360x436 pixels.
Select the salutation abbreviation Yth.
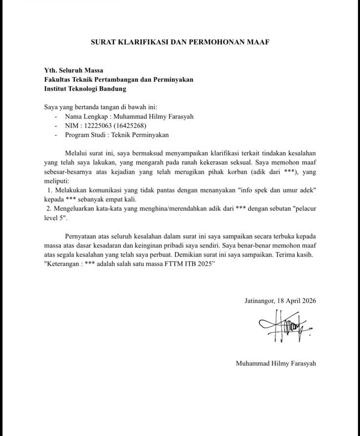(x=51, y=70)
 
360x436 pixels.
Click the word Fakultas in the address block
(x=58, y=80)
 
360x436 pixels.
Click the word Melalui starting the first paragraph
(x=78, y=154)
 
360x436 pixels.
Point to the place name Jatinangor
(x=259, y=301)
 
